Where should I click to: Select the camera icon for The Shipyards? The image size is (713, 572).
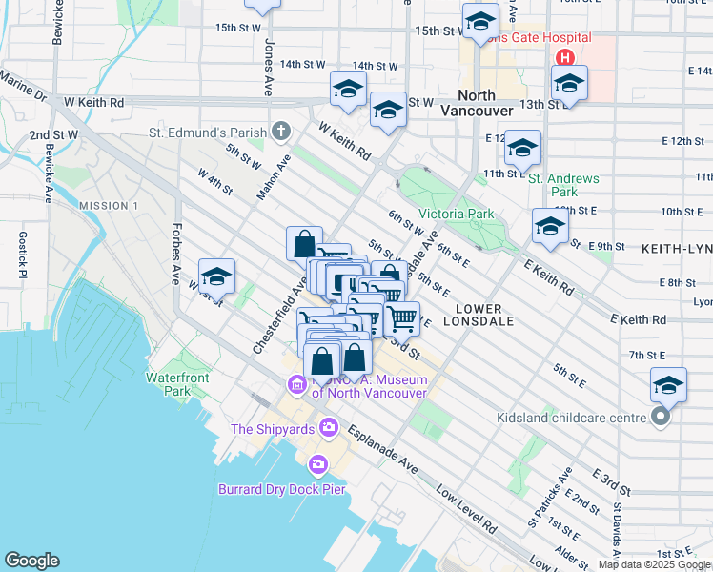(x=329, y=426)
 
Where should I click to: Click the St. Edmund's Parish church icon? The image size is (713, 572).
(x=280, y=130)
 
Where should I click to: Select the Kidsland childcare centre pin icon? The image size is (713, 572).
(x=660, y=417)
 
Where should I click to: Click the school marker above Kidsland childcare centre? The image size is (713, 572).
(x=668, y=385)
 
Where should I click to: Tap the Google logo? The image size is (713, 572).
(x=31, y=561)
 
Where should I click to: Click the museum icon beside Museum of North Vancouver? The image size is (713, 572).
(x=295, y=384)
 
